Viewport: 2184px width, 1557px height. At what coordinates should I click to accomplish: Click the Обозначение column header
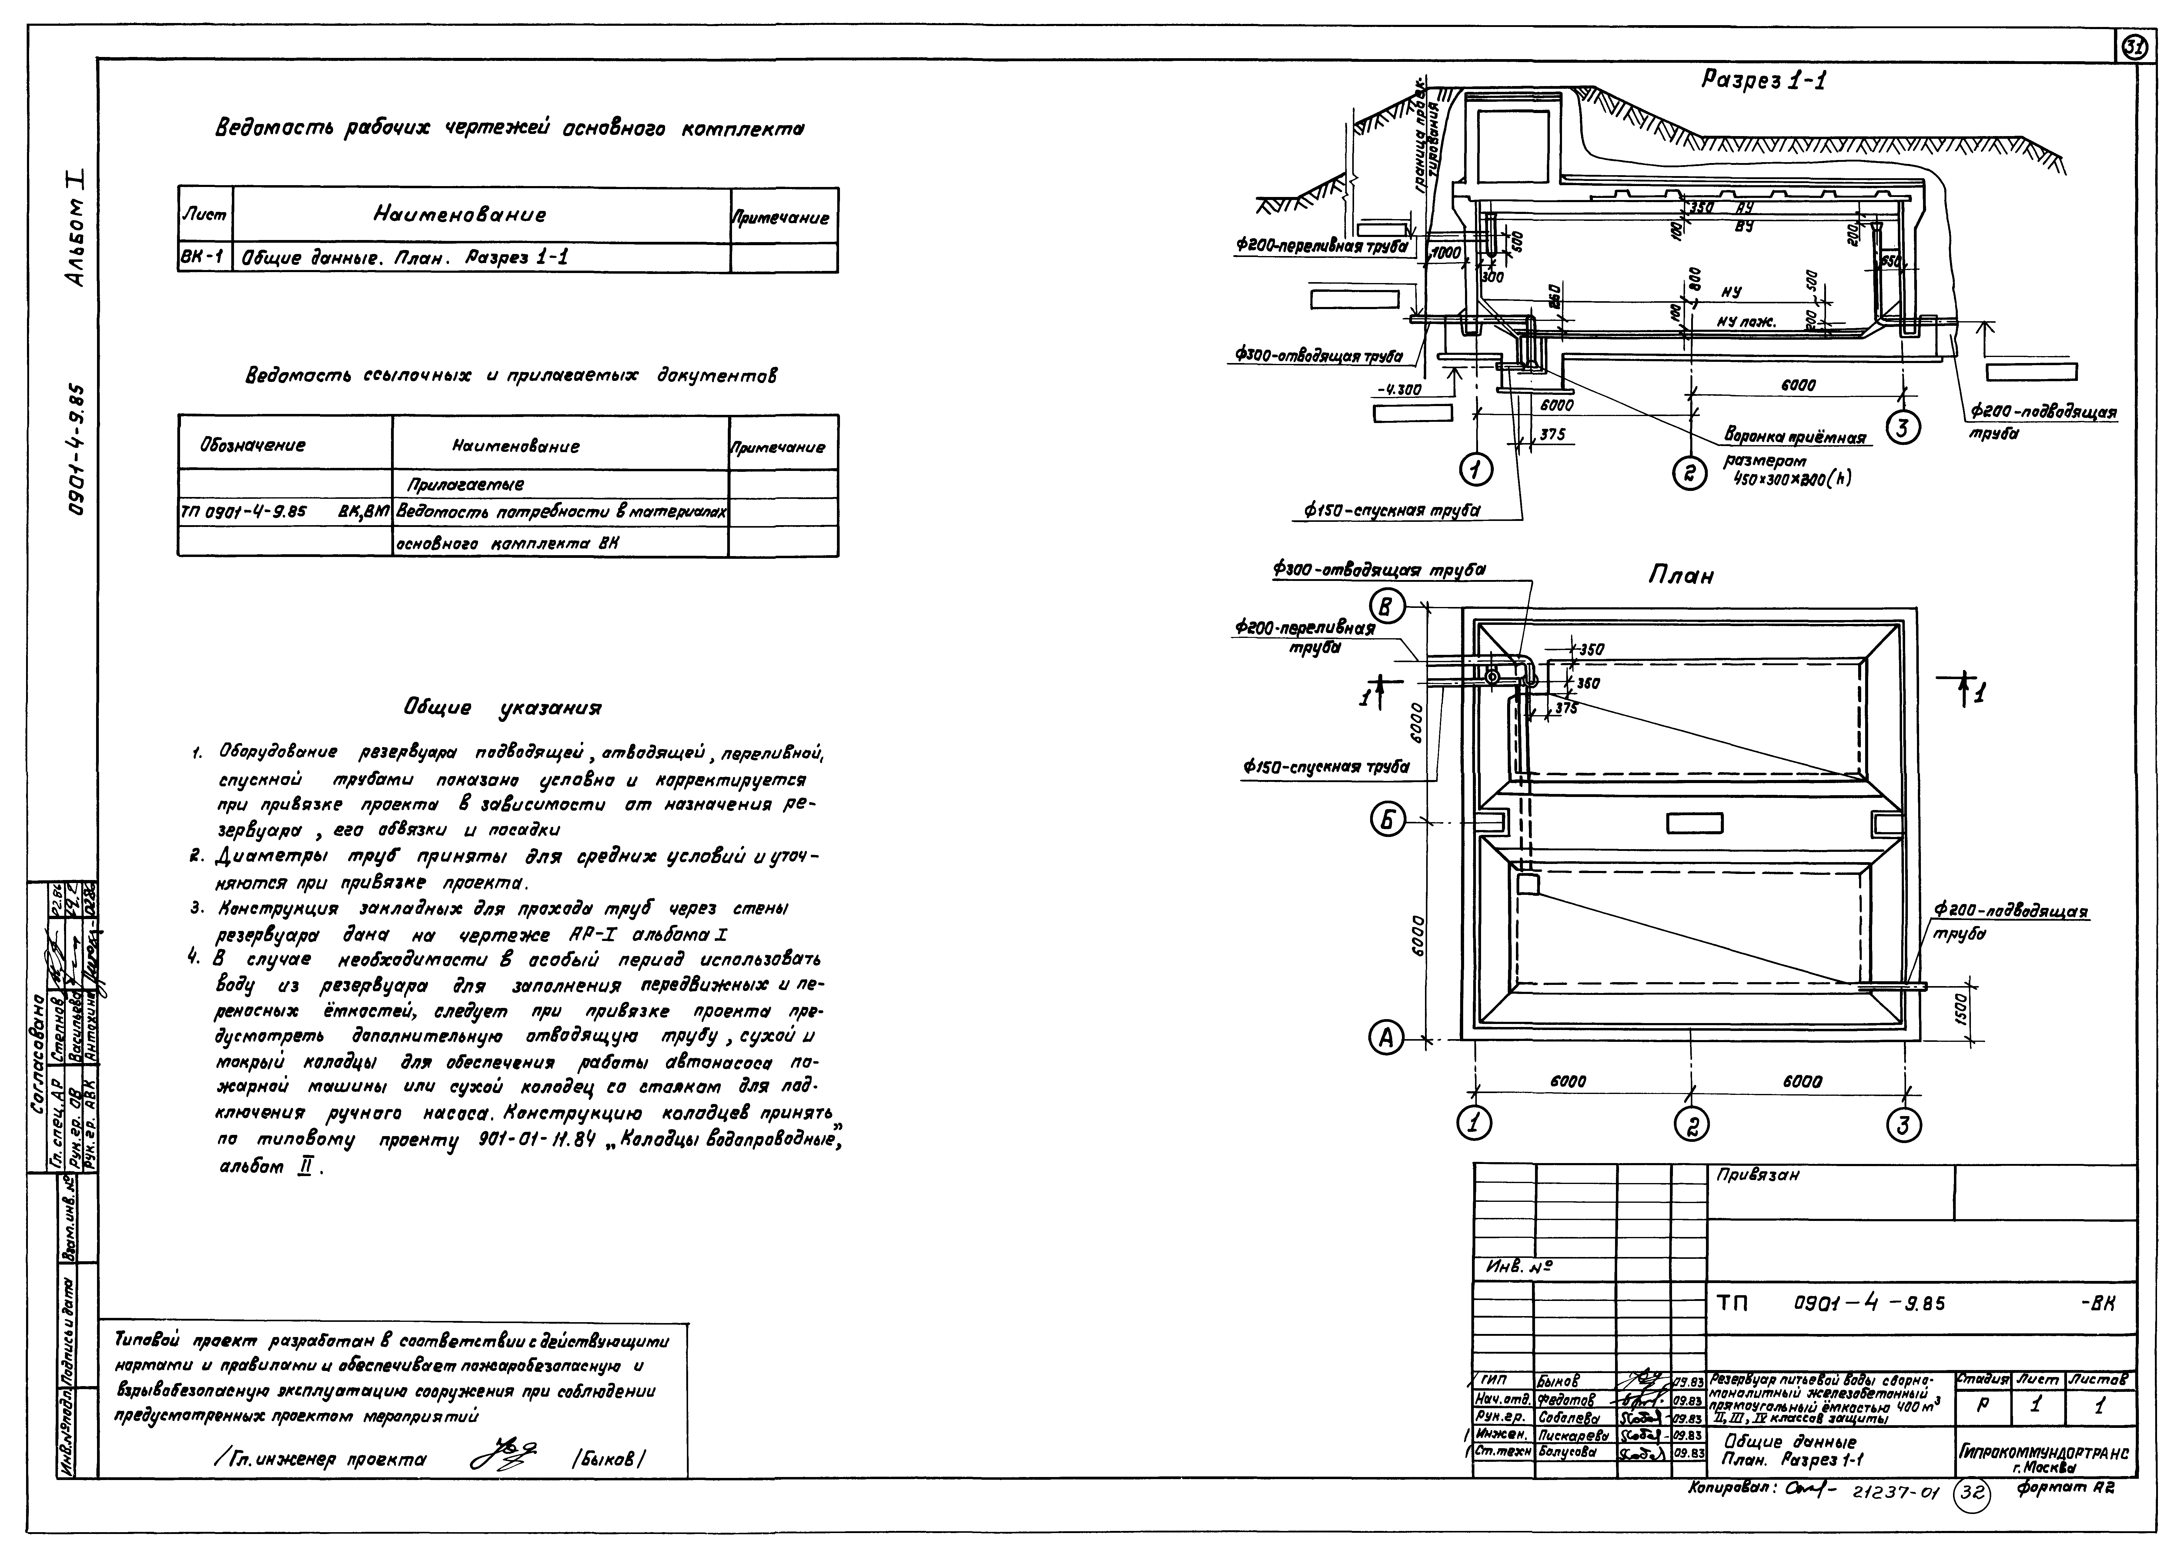click(253, 445)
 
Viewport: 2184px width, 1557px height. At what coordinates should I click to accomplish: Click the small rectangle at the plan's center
click(1694, 823)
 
